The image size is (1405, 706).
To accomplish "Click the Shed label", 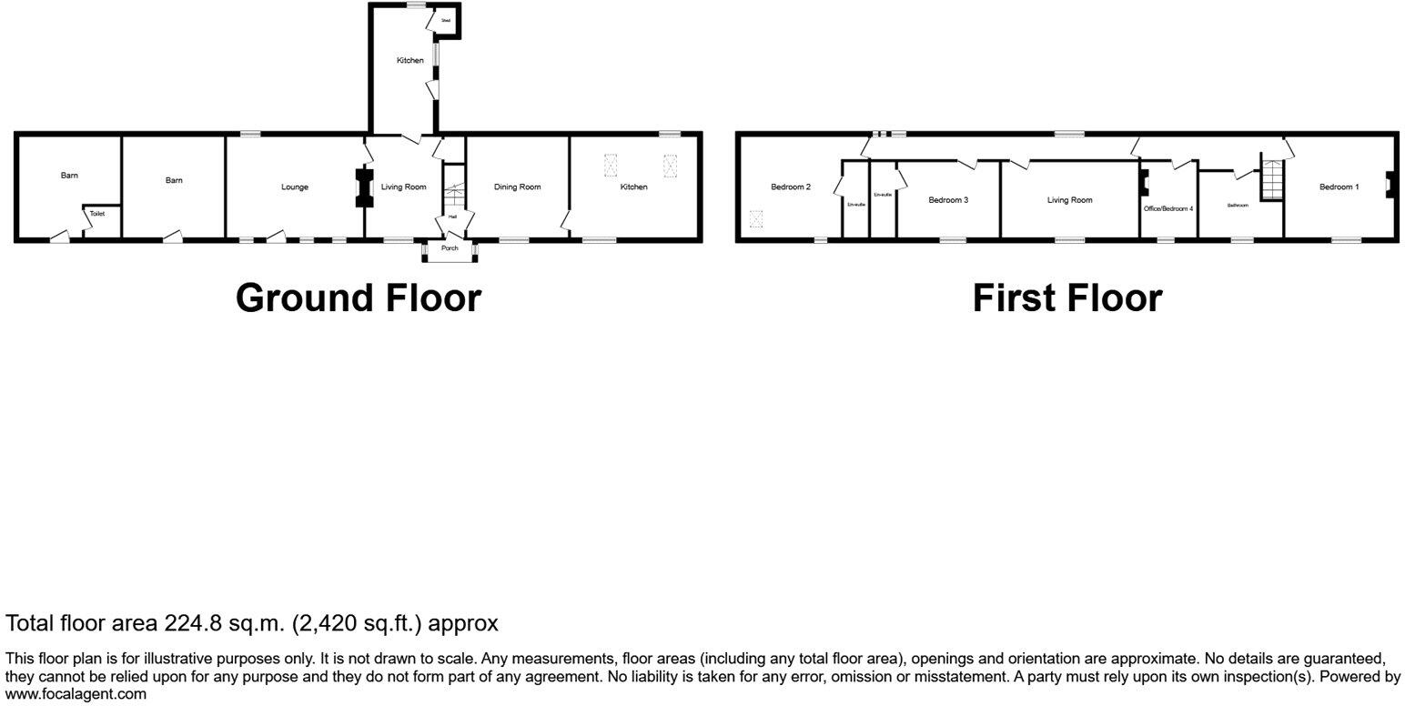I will tap(446, 20).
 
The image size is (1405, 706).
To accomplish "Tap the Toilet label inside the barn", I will tap(97, 214).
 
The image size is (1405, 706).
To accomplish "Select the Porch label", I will tap(450, 248).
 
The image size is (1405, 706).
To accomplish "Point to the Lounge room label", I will tap(295, 187).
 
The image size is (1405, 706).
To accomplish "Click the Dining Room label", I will tap(518, 187).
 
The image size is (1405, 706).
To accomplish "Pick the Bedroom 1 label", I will tap(1339, 187).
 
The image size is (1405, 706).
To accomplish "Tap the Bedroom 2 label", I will tap(791, 187).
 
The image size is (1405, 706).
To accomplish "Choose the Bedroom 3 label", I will tap(948, 200).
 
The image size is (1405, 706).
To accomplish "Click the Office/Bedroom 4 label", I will tap(1167, 208).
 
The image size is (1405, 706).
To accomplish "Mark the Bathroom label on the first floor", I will tap(1238, 206).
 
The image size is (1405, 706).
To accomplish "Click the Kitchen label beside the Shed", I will tap(409, 61).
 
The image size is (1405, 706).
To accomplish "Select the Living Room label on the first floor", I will tap(1069, 200).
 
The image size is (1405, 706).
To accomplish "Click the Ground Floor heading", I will tap(358, 298).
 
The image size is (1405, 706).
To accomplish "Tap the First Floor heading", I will tap(1066, 298).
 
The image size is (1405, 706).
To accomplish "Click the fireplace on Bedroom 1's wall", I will tap(1388, 185).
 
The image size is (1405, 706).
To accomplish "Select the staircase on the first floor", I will tap(1271, 178).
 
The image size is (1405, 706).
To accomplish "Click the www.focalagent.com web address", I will tap(76, 693).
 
